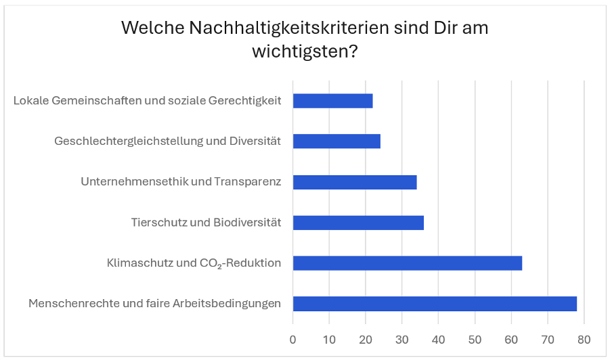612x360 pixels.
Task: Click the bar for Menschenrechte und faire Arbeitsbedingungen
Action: point(435,304)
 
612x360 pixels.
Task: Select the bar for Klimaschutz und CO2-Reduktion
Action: point(407,263)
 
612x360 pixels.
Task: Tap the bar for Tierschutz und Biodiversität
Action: point(358,223)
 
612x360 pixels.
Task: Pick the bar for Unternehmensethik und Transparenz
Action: point(355,182)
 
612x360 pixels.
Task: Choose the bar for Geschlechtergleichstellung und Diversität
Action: point(336,141)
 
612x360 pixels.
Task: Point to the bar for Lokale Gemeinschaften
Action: point(332,101)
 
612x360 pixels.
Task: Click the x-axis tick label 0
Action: point(293,338)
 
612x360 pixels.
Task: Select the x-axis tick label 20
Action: point(366,338)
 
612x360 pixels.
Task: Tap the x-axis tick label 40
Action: point(438,338)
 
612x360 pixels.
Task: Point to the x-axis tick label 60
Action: point(511,338)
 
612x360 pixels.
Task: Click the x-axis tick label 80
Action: point(584,338)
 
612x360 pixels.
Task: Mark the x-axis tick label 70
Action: point(548,338)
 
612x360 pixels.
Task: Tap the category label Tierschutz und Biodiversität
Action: point(206,223)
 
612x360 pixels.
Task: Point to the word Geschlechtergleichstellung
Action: point(119,141)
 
